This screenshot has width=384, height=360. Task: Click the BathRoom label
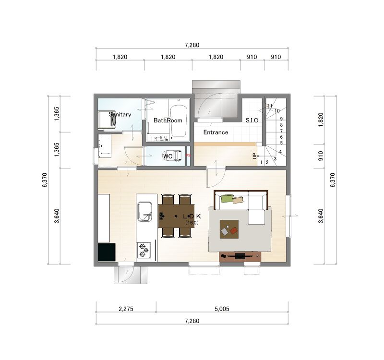[x=168, y=120]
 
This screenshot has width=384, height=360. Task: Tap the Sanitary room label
[x=120, y=114]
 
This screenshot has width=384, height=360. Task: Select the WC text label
[x=168, y=156]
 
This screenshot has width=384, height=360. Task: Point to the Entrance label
[x=216, y=132]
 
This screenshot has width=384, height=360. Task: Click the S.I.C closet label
[x=252, y=120]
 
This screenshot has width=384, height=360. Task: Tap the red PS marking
[x=188, y=155]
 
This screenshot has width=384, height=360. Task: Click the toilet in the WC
[x=173, y=156]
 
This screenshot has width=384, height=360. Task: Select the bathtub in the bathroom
[x=178, y=121]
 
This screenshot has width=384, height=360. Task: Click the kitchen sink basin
[x=144, y=211]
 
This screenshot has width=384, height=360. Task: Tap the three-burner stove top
[x=144, y=250]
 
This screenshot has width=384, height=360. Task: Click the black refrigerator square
[x=107, y=252]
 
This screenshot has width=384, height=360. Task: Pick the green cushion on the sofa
[x=227, y=198]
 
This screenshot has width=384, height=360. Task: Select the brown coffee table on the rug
[x=229, y=229]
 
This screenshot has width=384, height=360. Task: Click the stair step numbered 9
[x=281, y=119]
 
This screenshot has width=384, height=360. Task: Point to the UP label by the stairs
[x=254, y=156]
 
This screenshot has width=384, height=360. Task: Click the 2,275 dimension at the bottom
[x=126, y=309]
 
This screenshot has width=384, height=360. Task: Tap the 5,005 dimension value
[x=222, y=309]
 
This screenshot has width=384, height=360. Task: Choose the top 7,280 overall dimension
[x=192, y=45]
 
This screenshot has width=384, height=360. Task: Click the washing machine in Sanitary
[x=107, y=119]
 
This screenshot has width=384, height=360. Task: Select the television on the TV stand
[x=240, y=256]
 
